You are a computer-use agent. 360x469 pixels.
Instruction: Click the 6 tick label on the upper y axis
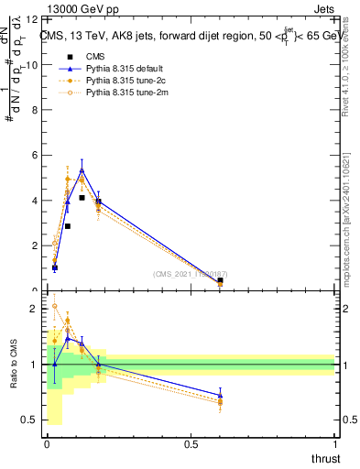[36, 155]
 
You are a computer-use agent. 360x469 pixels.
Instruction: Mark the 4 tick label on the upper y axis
[36, 201]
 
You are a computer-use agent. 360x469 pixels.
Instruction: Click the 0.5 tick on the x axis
[191, 444]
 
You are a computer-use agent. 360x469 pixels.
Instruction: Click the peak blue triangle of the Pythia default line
[82, 169]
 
